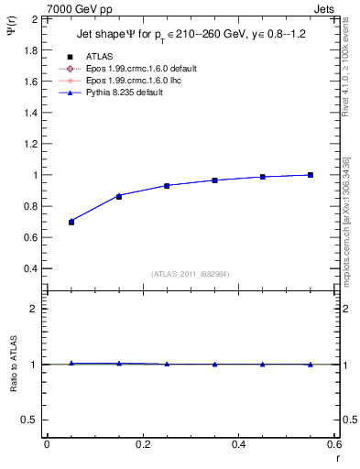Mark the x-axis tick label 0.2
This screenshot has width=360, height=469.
pos(142,444)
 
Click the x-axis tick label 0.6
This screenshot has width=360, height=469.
pos(333,444)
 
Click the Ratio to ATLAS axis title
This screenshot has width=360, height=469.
pos(13,364)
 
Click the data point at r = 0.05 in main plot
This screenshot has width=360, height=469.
pos(71,222)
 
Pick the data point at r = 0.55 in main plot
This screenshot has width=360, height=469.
pos(311,175)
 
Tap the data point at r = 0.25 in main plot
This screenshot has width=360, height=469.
pos(167,186)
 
